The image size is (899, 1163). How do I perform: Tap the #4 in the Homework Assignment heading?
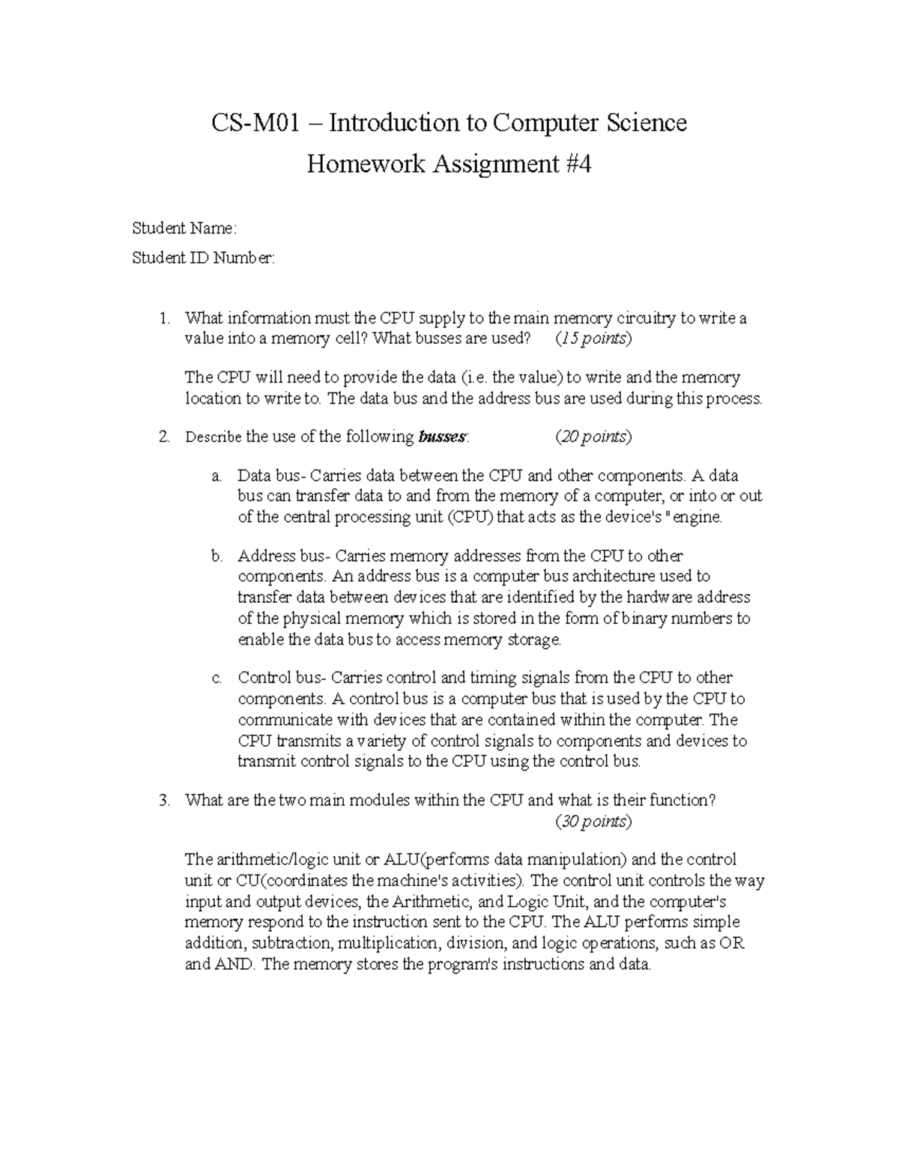click(575, 164)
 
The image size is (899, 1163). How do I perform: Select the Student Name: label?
click(184, 228)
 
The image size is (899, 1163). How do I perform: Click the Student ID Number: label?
click(203, 258)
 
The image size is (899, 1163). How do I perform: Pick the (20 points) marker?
click(593, 437)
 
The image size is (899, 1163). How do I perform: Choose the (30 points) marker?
click(593, 822)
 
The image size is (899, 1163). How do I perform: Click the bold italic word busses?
click(442, 437)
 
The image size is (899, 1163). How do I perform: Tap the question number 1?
click(163, 318)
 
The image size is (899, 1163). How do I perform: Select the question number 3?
click(163, 801)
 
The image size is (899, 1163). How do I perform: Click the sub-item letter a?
click(216, 476)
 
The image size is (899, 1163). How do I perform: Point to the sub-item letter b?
click(217, 556)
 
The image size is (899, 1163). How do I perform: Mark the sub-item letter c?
click(216, 678)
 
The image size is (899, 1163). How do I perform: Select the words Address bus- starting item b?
click(283, 556)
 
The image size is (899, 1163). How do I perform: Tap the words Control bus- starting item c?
click(282, 678)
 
